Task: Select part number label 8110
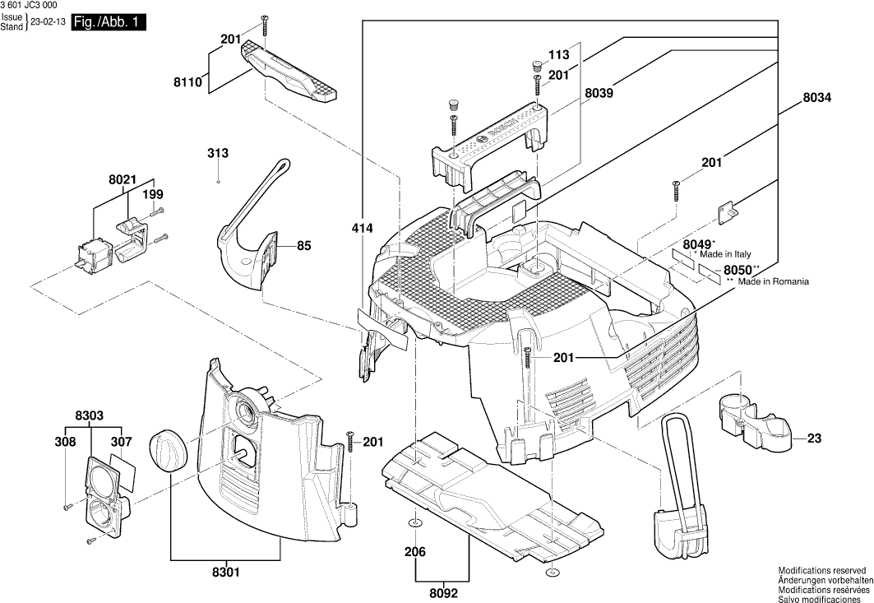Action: pos(189,82)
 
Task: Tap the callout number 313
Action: pos(218,154)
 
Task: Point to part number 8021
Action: pos(122,179)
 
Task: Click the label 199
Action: pos(153,195)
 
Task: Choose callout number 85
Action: pos(304,245)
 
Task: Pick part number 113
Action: pos(558,55)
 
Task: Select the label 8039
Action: pos(599,94)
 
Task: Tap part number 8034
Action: pos(816,97)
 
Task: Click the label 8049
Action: pos(696,244)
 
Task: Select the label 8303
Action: pos(89,416)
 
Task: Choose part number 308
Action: pos(66,443)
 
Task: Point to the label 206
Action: pos(414,553)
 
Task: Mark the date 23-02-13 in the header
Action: pos(48,23)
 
